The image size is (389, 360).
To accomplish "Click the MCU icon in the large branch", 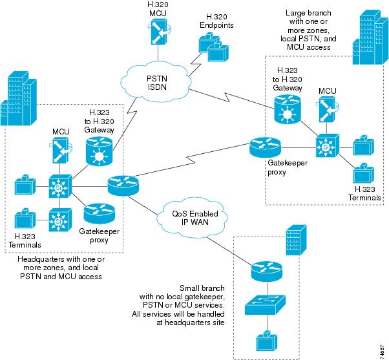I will point(326,111).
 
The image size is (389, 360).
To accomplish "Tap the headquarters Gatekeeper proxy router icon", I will point(98,213).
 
